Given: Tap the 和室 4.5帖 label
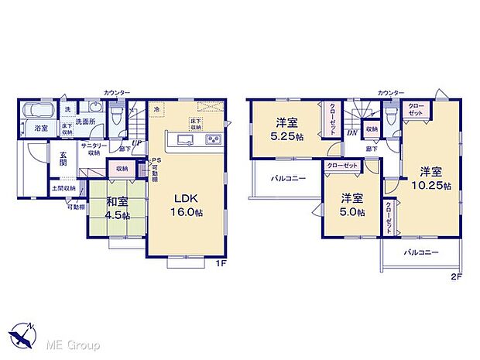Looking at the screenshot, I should (118, 210).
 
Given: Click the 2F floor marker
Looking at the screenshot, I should (456, 276).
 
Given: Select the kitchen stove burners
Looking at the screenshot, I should (211, 140).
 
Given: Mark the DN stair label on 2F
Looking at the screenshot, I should (351, 132).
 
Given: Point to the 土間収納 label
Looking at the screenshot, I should (64, 188).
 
